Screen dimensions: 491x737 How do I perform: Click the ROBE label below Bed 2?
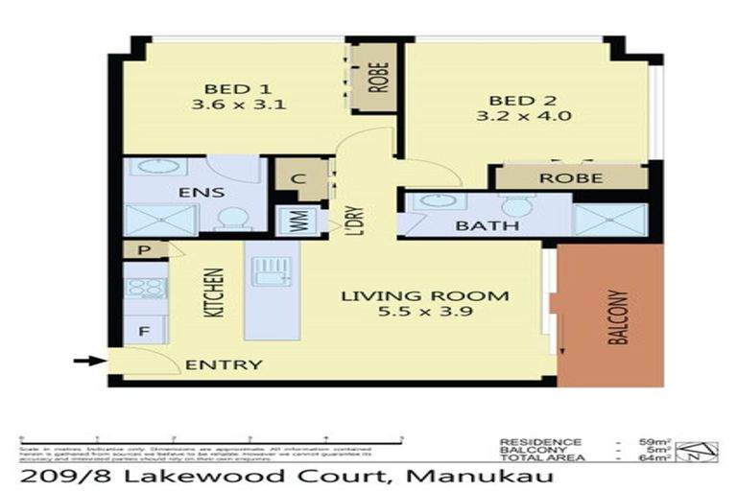(570, 177)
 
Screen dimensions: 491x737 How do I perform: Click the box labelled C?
(297, 179)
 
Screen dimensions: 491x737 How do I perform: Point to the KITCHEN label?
(218, 292)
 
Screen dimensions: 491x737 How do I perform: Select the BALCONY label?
(620, 316)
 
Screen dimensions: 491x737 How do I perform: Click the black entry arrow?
(88, 362)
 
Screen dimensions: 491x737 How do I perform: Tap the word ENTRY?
(223, 364)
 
